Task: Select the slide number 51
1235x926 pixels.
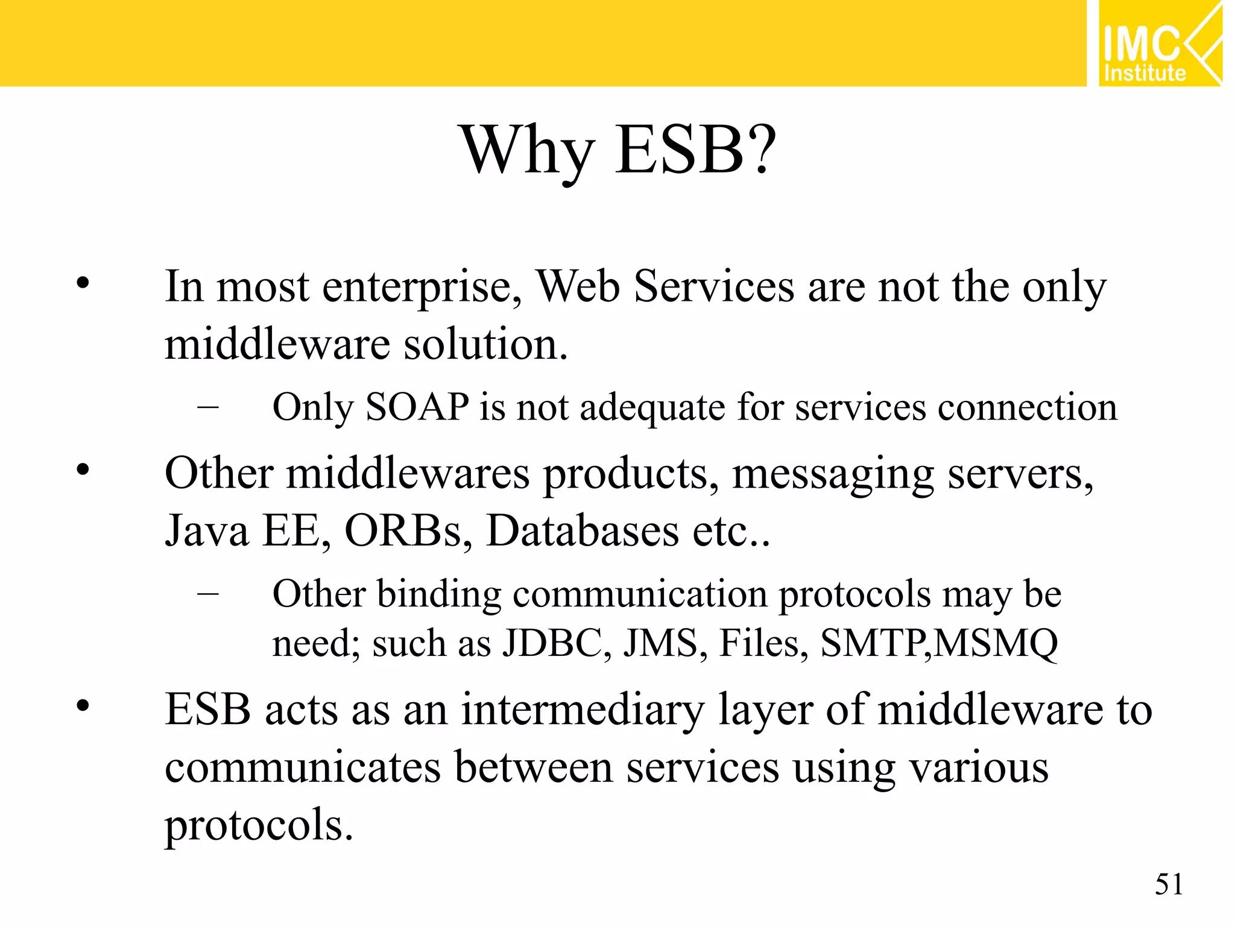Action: click(x=1169, y=885)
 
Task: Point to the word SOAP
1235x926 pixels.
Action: click(x=417, y=407)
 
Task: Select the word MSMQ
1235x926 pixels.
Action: click(x=995, y=643)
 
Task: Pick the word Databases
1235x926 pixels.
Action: click(x=583, y=531)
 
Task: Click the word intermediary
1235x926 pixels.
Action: click(x=583, y=710)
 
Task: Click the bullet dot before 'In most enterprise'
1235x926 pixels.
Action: click(x=83, y=283)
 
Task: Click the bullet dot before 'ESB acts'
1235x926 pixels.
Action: click(x=83, y=705)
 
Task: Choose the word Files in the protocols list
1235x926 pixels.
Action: click(x=763, y=643)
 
